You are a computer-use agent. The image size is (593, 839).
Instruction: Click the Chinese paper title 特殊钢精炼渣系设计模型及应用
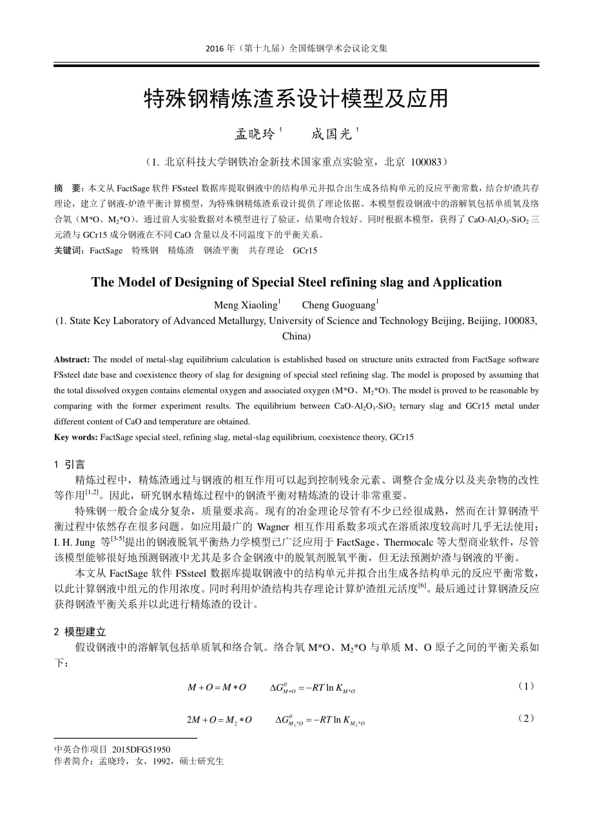point(296,99)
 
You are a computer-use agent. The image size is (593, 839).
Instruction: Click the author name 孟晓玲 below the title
point(255,134)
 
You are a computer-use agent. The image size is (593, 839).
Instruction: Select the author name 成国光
point(331,134)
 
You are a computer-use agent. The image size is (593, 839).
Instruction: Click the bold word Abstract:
point(72,360)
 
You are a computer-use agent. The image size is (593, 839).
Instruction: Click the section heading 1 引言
point(70,464)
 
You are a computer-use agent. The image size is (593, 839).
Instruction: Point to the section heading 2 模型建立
point(79,632)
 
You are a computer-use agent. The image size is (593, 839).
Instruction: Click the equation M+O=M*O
point(217,688)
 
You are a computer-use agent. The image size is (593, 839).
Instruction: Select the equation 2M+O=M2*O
point(219,720)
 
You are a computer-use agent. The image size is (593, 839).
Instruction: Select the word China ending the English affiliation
point(296,336)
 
